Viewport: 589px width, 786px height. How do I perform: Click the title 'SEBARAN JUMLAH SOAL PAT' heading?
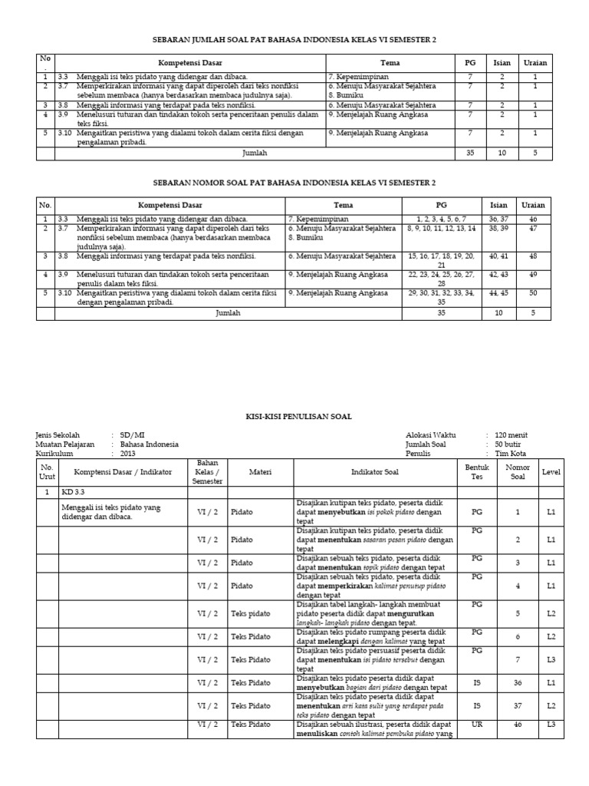pos(294,39)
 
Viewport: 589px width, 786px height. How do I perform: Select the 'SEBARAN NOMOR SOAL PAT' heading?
pos(294,183)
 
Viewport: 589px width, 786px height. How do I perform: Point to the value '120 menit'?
pos(512,435)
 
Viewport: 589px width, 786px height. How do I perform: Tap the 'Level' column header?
pos(550,472)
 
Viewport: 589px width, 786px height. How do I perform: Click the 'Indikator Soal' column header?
pos(375,472)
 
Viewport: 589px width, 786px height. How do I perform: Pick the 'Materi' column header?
pos(261,472)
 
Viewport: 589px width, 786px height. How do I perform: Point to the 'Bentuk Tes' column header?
pos(477,472)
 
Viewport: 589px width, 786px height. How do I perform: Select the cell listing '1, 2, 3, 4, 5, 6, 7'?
pos(441,219)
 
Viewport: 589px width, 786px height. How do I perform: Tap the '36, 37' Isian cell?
pos(499,219)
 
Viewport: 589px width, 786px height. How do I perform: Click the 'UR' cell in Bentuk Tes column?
pos(477,725)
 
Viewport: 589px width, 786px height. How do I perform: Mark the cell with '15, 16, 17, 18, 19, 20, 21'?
pos(441,259)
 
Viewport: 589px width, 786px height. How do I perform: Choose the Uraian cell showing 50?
pos(534,293)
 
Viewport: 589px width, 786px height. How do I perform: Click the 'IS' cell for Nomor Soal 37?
pos(477,705)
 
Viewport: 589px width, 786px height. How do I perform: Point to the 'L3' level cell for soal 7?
pos(550,659)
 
